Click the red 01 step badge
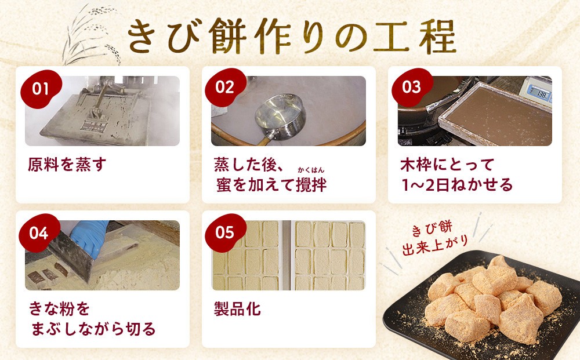(x=41, y=89)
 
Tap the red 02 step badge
(x=225, y=88)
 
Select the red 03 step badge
(x=412, y=88)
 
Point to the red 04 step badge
(x=39, y=233)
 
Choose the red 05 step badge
(x=225, y=233)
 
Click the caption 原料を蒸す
(x=67, y=164)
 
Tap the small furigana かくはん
(x=311, y=170)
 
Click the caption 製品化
(x=237, y=308)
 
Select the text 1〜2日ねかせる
(x=457, y=185)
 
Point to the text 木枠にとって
(x=447, y=165)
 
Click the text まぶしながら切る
(x=93, y=329)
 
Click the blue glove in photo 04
(x=89, y=236)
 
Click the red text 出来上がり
(x=436, y=246)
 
